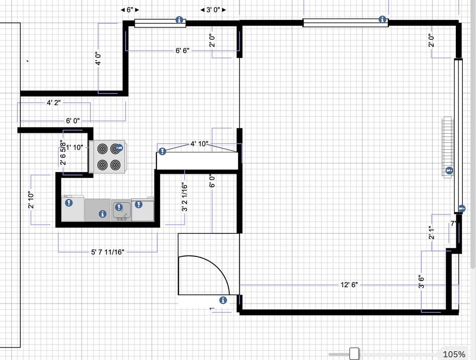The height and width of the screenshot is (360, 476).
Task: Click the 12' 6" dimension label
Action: [349, 285]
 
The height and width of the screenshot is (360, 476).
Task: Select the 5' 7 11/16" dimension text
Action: [108, 252]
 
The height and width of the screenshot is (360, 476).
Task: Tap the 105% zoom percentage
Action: [454, 354]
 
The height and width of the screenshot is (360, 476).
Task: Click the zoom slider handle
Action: [354, 354]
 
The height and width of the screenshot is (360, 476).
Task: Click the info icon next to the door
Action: [223, 300]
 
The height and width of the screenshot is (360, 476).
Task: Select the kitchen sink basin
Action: [121, 210]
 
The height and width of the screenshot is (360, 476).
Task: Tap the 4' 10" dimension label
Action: [199, 143]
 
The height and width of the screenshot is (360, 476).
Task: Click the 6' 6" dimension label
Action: [182, 50]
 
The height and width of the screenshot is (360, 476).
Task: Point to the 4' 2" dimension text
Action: [53, 102]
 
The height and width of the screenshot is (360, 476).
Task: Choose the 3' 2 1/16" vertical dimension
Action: [185, 197]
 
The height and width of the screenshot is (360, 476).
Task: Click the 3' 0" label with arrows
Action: [213, 10]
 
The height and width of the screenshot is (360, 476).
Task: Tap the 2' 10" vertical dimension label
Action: [31, 200]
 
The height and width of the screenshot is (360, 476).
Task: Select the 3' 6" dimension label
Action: [421, 281]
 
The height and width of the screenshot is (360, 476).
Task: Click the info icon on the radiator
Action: [449, 170]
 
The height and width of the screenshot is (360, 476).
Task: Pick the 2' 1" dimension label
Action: [431, 232]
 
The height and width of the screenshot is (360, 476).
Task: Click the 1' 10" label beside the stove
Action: [74, 147]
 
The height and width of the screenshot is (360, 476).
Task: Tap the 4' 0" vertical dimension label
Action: [98, 58]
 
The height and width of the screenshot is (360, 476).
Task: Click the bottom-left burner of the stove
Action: [102, 165]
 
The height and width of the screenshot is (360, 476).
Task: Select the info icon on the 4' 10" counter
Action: [162, 151]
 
